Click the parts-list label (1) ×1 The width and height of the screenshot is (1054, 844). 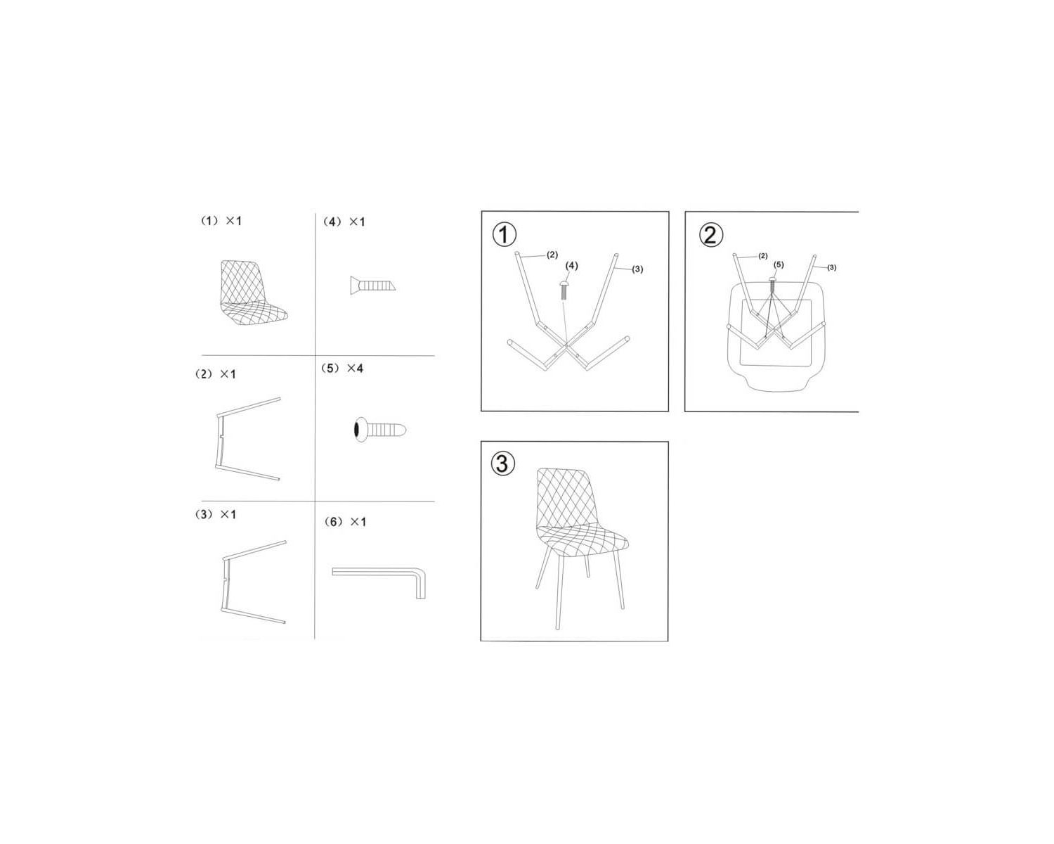click(221, 221)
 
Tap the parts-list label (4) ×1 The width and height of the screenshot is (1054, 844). click(344, 222)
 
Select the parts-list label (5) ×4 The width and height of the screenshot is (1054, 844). click(342, 369)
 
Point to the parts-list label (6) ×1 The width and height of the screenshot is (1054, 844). click(345, 522)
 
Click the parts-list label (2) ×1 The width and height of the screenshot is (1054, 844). click(216, 374)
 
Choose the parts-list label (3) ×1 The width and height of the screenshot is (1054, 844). click(216, 515)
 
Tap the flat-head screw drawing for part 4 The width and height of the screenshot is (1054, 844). click(372, 284)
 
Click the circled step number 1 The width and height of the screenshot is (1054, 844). click(505, 235)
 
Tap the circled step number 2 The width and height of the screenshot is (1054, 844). click(710, 234)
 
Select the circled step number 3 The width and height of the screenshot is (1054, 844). click(503, 463)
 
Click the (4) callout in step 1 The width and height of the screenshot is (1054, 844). click(572, 266)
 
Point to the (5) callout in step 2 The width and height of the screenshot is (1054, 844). click(779, 265)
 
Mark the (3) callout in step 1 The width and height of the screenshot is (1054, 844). click(637, 269)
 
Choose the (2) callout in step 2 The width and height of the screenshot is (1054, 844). click(763, 256)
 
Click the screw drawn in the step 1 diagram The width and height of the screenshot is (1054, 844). click(564, 288)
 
